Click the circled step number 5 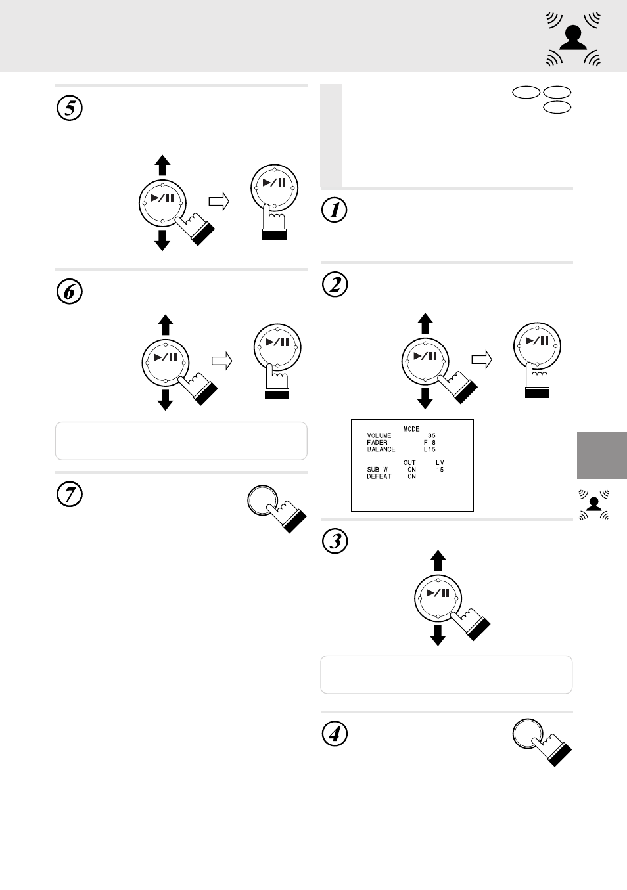pos(70,108)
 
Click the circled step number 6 pos(70,292)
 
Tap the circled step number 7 pos(70,495)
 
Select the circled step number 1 pos(335,210)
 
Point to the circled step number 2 pos(335,284)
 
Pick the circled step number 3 pos(335,541)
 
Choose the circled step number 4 pos(335,734)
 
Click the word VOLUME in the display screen pos(379,435)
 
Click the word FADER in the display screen pos(377,442)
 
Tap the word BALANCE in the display pos(381,449)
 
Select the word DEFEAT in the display pos(379,476)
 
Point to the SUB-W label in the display pos(377,469)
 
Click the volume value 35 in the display pos(431,435)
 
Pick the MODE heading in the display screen pos(411,429)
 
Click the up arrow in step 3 pos(438,560)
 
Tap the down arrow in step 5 pos(162,240)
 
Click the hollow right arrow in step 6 pos(222,361)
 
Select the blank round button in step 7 pos(262,501)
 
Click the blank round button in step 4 pos(528,734)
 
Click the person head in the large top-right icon pos(573,33)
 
